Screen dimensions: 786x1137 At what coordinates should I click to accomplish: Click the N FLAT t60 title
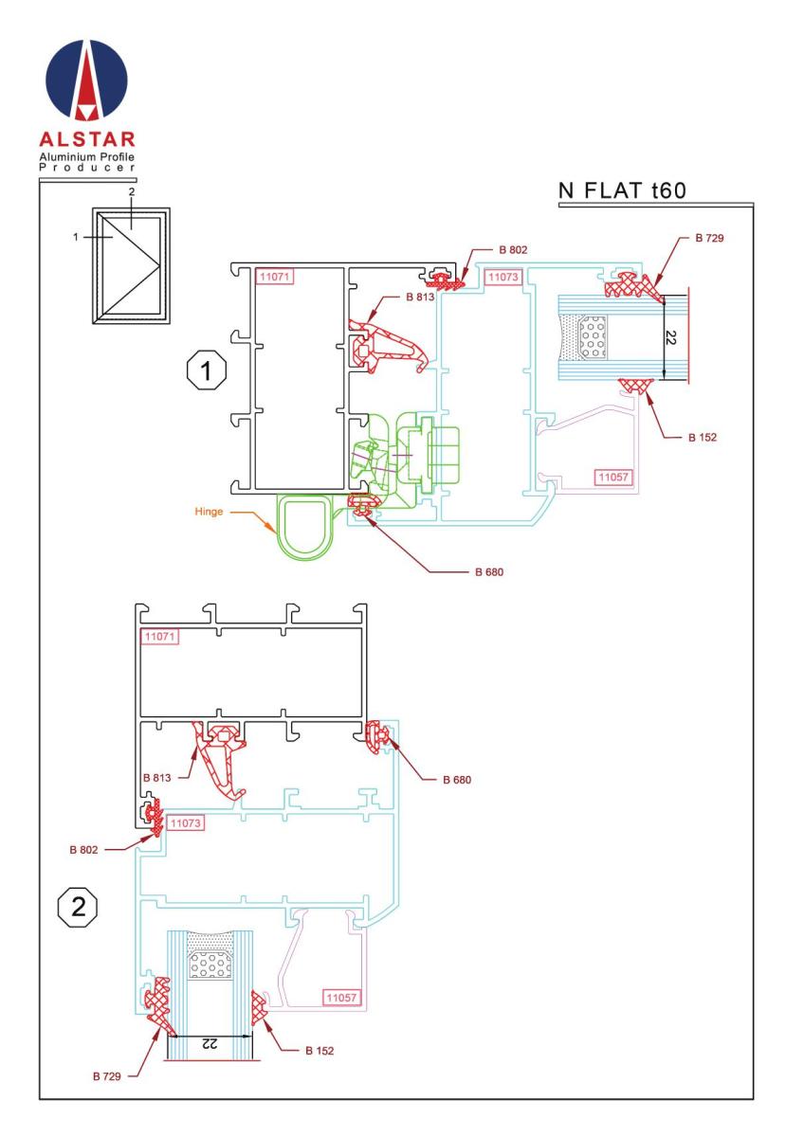(x=622, y=190)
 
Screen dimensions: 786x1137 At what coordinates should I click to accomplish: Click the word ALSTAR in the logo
(x=87, y=139)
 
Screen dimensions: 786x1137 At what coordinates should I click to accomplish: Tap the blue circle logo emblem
(x=87, y=80)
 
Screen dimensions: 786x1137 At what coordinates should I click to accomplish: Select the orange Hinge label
(x=209, y=512)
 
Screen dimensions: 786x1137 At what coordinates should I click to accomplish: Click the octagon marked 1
(x=206, y=371)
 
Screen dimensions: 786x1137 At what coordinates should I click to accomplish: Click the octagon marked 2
(x=77, y=907)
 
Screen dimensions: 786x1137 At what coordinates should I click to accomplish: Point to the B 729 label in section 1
(x=709, y=238)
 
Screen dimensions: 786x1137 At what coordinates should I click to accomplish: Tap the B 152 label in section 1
(x=703, y=438)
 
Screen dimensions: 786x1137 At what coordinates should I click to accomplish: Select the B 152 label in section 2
(x=320, y=1051)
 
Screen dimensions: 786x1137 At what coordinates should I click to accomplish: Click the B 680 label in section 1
(x=489, y=572)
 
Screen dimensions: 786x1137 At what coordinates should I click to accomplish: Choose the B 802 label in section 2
(x=83, y=850)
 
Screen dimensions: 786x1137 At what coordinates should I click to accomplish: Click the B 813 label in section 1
(x=420, y=297)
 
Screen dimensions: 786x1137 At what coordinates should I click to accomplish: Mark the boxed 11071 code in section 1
(x=274, y=277)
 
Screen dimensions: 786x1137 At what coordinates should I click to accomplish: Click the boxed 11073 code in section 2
(x=186, y=822)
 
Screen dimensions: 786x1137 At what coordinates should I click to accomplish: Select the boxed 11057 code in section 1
(x=613, y=478)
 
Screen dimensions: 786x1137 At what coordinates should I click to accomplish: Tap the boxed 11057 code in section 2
(x=342, y=998)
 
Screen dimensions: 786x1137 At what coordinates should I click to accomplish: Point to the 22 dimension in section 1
(x=671, y=337)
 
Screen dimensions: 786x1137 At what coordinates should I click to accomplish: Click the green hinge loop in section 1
(x=279, y=528)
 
